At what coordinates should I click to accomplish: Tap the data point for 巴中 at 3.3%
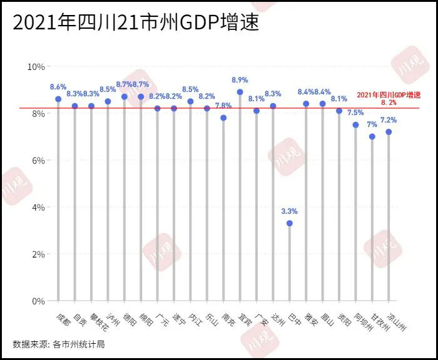(x=289, y=223)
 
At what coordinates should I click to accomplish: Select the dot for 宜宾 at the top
(x=240, y=92)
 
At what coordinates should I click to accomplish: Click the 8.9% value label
(x=240, y=80)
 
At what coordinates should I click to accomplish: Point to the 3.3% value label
(x=289, y=211)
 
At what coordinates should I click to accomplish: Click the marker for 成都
(x=58, y=99)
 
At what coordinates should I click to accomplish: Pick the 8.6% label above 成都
(x=58, y=87)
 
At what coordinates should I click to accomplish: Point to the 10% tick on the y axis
(x=36, y=67)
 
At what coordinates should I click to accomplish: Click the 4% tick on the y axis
(x=38, y=207)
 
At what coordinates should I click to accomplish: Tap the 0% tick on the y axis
(x=38, y=301)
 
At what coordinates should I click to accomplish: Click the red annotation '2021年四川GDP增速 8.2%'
(x=389, y=98)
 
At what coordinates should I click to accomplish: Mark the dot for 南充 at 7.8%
(x=223, y=117)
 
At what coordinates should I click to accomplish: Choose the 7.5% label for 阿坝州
(x=355, y=112)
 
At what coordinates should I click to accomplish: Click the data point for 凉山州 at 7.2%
(x=389, y=132)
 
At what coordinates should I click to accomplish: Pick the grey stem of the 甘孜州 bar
(x=372, y=219)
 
